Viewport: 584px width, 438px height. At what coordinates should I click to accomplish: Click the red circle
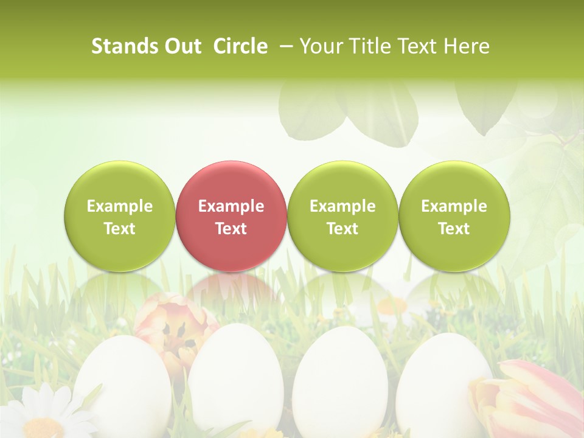tap(231, 217)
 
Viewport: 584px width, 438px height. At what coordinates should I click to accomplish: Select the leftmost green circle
tap(120, 217)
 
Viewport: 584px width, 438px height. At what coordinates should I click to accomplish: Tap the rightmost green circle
tap(454, 217)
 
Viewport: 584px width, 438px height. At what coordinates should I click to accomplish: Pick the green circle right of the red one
tap(342, 217)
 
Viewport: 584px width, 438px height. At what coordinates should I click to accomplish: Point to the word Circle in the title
tap(240, 46)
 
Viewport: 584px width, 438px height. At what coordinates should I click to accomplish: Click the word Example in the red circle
tap(231, 206)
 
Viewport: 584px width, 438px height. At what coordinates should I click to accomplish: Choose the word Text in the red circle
tap(231, 229)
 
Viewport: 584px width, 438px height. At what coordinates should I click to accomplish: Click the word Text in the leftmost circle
tap(120, 229)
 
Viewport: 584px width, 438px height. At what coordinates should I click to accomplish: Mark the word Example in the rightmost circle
tap(454, 206)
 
